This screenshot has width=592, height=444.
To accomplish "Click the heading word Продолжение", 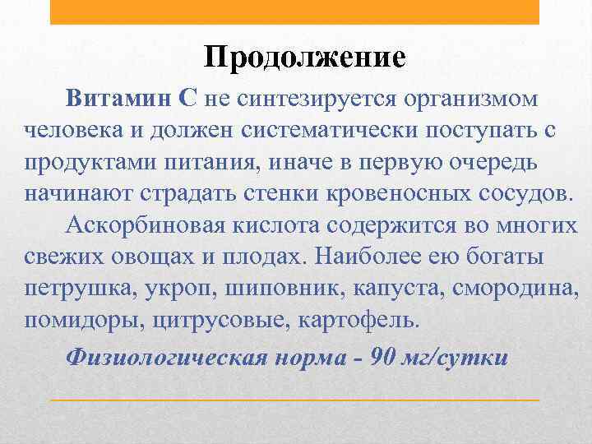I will point(305,57).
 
